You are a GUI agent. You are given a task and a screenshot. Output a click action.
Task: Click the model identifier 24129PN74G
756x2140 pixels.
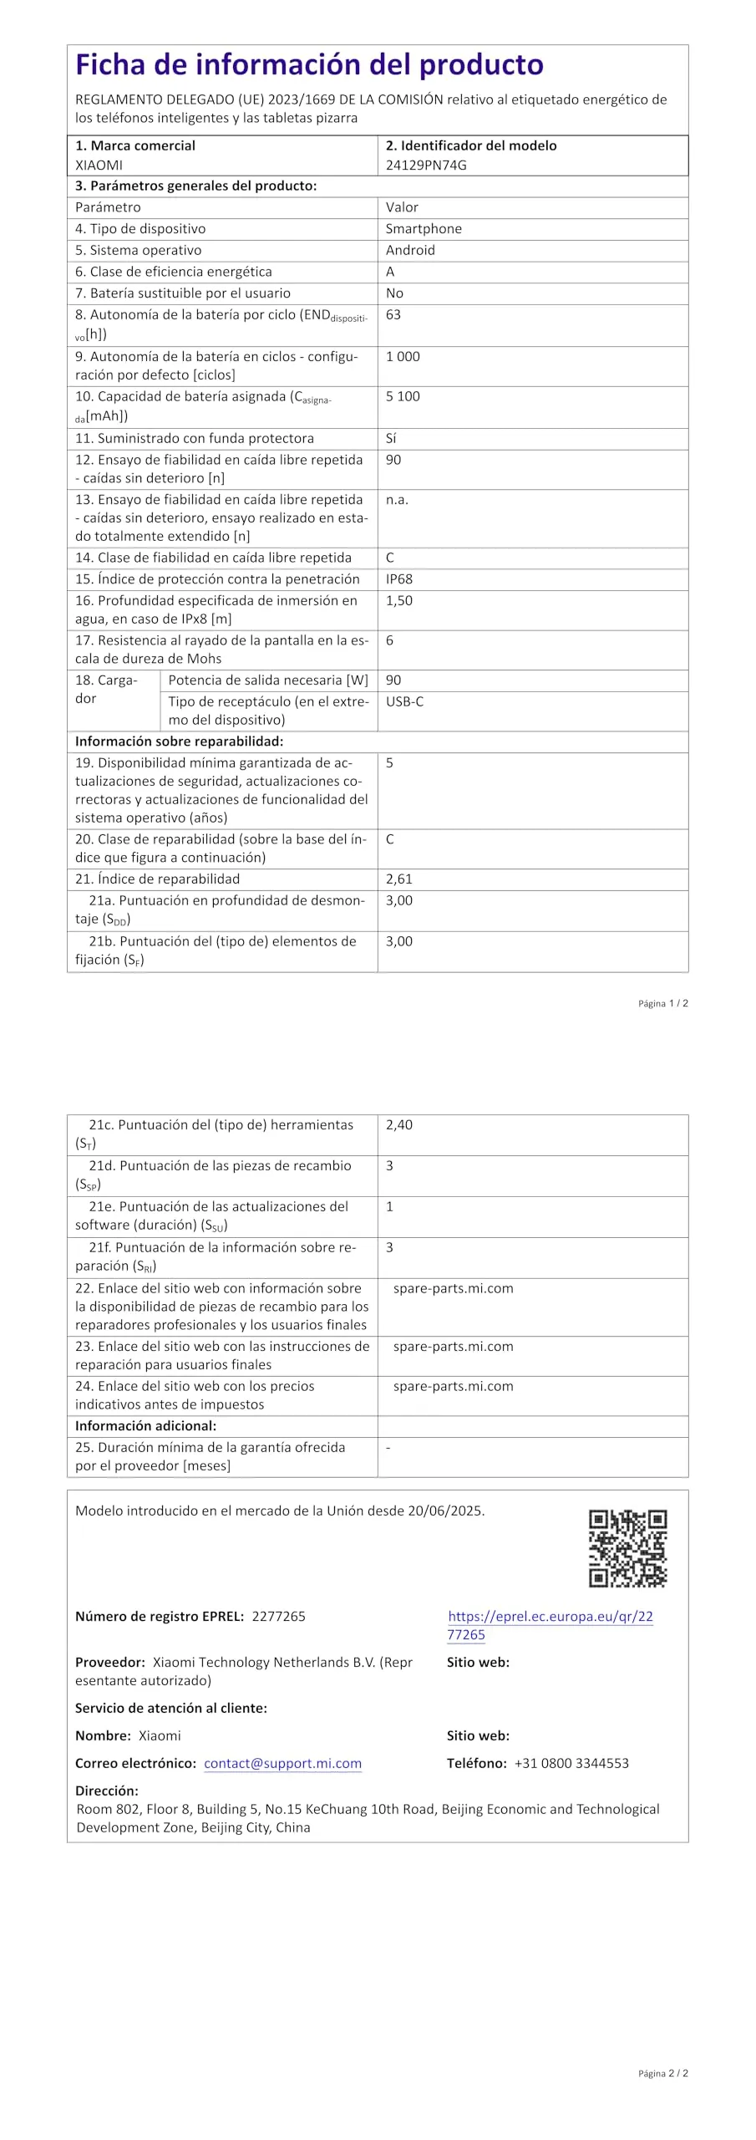(x=426, y=165)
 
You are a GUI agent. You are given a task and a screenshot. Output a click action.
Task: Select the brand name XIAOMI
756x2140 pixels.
(x=99, y=165)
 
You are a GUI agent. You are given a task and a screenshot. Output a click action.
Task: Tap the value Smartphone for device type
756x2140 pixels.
(x=424, y=228)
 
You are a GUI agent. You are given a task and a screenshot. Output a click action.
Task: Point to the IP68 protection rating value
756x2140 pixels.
(x=399, y=578)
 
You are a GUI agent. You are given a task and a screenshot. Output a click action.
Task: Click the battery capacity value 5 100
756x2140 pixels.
(x=403, y=396)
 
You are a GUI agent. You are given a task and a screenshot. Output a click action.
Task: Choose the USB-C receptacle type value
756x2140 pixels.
(x=404, y=701)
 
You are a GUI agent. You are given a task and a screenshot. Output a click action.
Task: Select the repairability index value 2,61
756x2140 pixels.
(x=399, y=879)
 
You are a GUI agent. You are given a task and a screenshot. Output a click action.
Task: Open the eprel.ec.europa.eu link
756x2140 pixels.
(x=550, y=1625)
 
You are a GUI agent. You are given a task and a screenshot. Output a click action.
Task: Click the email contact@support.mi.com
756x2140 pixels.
(x=282, y=1763)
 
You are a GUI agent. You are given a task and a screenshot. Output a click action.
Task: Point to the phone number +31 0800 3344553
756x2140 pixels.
(x=571, y=1763)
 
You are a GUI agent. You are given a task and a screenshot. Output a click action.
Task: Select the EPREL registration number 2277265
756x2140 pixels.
(x=278, y=1616)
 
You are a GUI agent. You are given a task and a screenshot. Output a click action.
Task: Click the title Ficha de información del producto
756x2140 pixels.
(x=309, y=64)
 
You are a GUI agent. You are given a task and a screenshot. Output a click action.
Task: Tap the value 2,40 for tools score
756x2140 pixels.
(x=399, y=1124)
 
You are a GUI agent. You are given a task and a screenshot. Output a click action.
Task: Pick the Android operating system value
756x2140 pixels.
(x=410, y=250)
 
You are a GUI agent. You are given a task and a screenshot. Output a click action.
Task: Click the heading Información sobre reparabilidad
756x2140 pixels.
(x=179, y=741)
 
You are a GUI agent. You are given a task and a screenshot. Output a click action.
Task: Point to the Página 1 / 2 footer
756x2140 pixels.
(x=663, y=1003)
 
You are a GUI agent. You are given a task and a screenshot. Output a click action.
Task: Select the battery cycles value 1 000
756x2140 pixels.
(x=403, y=356)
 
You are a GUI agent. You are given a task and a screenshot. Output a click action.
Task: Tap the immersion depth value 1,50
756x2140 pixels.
(x=399, y=600)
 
